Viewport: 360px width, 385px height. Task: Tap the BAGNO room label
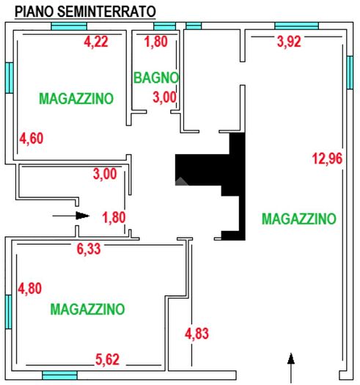tap(157, 76)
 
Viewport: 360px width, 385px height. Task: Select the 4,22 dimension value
tap(96, 42)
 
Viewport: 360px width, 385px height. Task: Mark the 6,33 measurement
tap(89, 249)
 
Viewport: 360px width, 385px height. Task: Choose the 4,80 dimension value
tap(30, 288)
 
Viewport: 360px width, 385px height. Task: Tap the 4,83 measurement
tap(198, 334)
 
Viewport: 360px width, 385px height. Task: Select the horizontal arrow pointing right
tap(71, 216)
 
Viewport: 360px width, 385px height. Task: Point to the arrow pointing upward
tap(291, 366)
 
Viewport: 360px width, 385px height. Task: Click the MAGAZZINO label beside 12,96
tap(298, 218)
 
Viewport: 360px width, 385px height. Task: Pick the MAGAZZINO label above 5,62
tap(87, 309)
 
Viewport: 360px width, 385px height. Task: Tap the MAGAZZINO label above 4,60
tap(76, 98)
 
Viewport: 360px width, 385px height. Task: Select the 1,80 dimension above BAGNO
tap(156, 42)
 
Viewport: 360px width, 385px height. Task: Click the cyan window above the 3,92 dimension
tap(296, 26)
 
